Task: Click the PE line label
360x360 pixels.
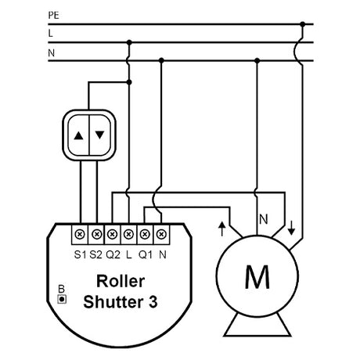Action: click(x=53, y=16)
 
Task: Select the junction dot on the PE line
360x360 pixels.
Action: click(x=302, y=24)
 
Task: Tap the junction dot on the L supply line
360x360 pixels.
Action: click(x=129, y=42)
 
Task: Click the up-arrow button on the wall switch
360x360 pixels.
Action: click(x=78, y=135)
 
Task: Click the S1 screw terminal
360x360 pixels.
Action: click(x=80, y=234)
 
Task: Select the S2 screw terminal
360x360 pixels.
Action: click(x=96, y=234)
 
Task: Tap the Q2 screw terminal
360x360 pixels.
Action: click(x=113, y=234)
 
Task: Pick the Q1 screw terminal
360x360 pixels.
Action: click(x=145, y=234)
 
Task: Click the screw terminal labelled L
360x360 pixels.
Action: click(x=128, y=234)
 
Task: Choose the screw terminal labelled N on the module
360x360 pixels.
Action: click(x=161, y=234)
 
